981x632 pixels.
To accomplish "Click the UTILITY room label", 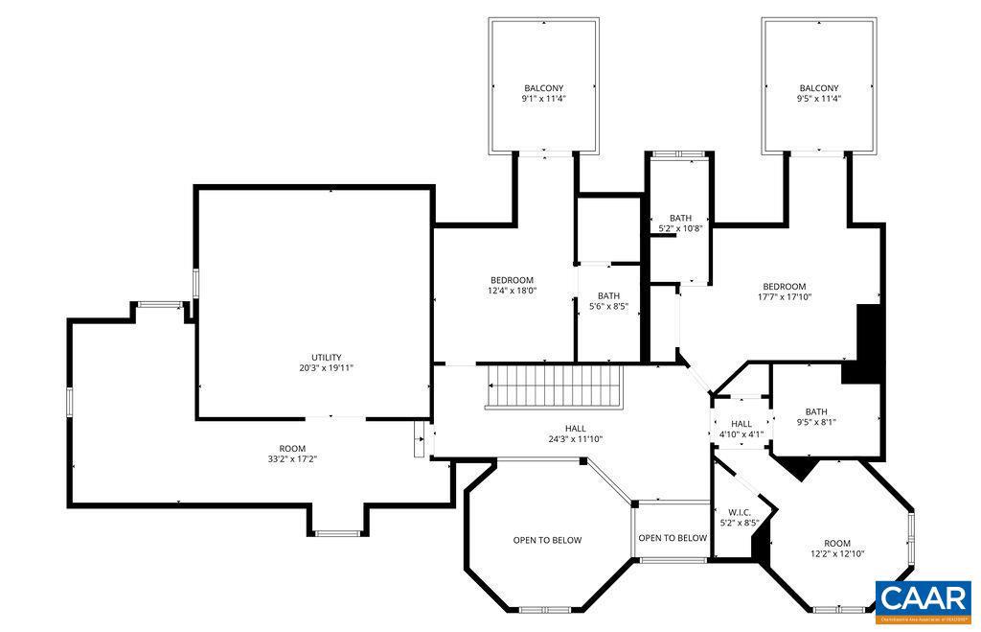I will pyautogui.click(x=326, y=358).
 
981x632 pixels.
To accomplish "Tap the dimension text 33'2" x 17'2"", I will pyautogui.click(x=292, y=459).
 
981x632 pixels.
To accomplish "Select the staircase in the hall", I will pyautogui.click(x=554, y=386).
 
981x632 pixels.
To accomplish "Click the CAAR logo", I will pyautogui.click(x=922, y=599).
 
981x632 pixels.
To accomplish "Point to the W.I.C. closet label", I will pyautogui.click(x=739, y=513).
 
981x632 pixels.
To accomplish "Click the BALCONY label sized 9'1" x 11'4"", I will pyautogui.click(x=543, y=88).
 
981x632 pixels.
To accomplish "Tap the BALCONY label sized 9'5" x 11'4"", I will pyautogui.click(x=818, y=88).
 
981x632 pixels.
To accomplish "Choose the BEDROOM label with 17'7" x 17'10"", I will pyautogui.click(x=784, y=286).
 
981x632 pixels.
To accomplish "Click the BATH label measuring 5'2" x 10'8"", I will pyautogui.click(x=680, y=219).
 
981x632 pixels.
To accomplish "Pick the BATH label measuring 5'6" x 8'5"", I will pyautogui.click(x=608, y=296).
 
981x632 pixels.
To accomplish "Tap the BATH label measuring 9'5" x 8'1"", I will pyautogui.click(x=815, y=412).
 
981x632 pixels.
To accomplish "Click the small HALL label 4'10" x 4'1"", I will pyautogui.click(x=741, y=424).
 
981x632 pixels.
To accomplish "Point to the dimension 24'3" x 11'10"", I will pyautogui.click(x=575, y=439).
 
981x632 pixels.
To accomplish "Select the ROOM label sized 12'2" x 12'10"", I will pyautogui.click(x=836, y=543).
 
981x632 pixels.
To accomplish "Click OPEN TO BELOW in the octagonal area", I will pyautogui.click(x=547, y=540).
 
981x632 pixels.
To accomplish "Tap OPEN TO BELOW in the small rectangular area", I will pyautogui.click(x=673, y=538).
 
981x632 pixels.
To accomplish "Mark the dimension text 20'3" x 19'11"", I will pyautogui.click(x=326, y=367).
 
